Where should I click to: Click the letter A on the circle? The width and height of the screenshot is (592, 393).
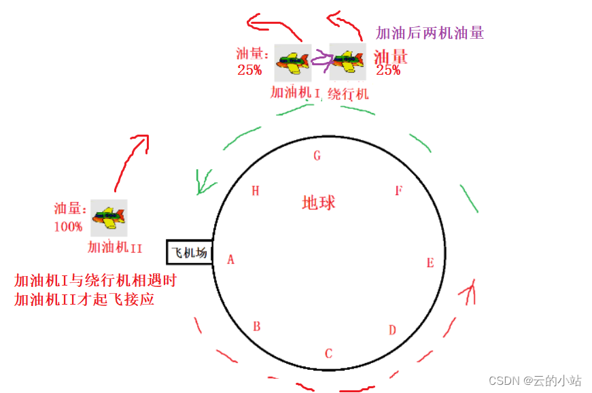pyautogui.click(x=231, y=259)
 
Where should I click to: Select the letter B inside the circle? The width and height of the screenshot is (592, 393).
pyautogui.click(x=257, y=326)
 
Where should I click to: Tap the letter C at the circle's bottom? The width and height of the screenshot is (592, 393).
pyautogui.click(x=328, y=354)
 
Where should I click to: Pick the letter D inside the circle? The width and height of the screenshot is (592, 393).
pyautogui.click(x=392, y=330)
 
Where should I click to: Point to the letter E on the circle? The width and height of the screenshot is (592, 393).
pyautogui.click(x=430, y=263)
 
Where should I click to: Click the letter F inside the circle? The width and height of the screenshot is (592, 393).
pyautogui.click(x=399, y=190)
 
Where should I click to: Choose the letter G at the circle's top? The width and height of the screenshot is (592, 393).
pyautogui.click(x=317, y=156)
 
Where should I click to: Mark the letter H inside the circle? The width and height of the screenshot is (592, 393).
pyautogui.click(x=256, y=191)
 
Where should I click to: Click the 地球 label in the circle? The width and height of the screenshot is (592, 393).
pyautogui.click(x=319, y=203)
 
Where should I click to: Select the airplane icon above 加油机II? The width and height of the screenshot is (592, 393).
pyautogui.click(x=109, y=218)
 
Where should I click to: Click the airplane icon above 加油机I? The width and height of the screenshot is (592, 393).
pyautogui.click(x=293, y=63)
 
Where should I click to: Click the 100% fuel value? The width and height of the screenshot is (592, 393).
pyautogui.click(x=68, y=227)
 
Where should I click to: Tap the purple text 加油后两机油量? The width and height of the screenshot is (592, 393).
pyautogui.click(x=430, y=33)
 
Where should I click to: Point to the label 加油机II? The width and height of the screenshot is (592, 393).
pyautogui.click(x=115, y=247)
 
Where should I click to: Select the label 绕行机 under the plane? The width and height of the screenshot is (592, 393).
pyautogui.click(x=348, y=93)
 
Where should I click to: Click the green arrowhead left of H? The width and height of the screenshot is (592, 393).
pyautogui.click(x=203, y=182)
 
